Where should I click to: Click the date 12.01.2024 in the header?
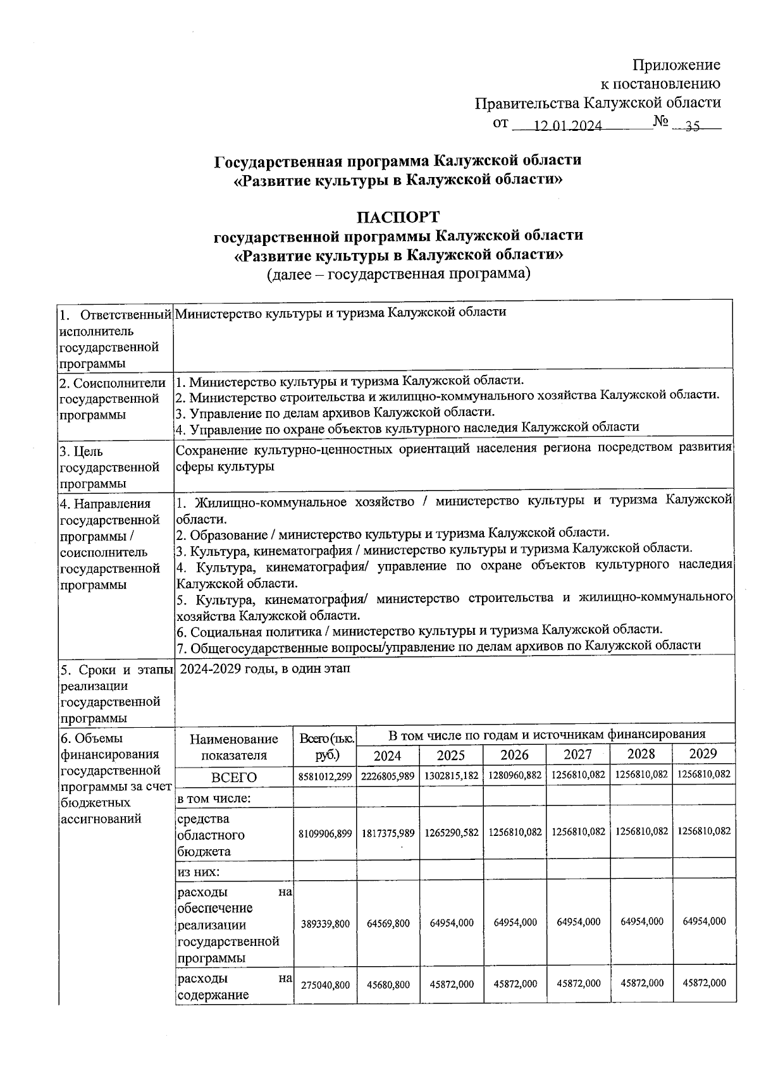click(567, 126)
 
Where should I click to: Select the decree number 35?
click(693, 126)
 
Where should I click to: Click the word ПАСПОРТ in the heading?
click(398, 217)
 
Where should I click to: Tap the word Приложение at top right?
click(676, 65)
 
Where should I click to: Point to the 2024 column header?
click(387, 755)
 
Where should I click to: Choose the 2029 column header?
click(703, 753)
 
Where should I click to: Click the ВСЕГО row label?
click(234, 777)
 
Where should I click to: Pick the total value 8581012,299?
click(325, 776)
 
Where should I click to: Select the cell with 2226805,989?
click(388, 776)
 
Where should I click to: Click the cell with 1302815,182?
click(451, 776)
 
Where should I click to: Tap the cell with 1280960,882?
click(514, 776)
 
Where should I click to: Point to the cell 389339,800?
click(325, 923)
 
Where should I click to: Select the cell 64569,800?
click(388, 923)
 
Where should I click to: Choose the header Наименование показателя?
click(234, 747)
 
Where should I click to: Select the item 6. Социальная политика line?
click(419, 630)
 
